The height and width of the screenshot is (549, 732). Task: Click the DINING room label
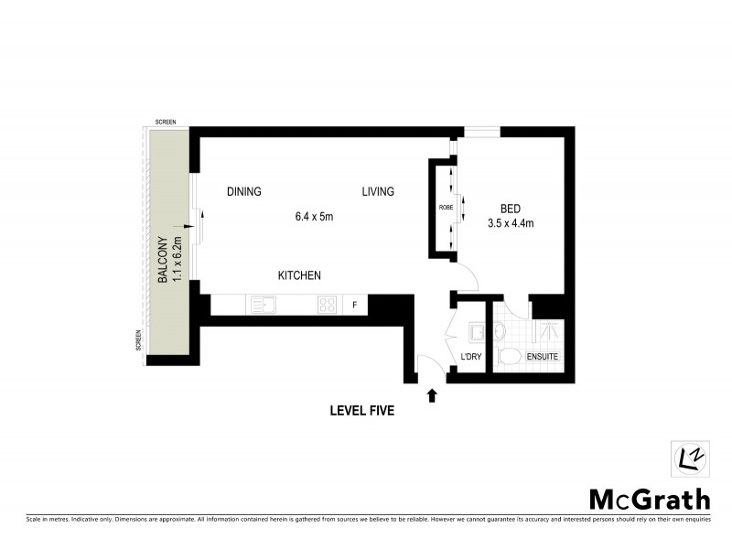pos(244,192)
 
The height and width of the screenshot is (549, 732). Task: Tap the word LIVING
pos(377,192)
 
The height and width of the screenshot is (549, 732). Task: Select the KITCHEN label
pos(299,275)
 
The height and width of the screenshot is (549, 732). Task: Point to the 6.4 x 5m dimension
pos(314,217)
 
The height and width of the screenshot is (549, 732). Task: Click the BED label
pos(511,207)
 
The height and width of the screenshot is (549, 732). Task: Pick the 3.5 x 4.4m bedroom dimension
pos(511,222)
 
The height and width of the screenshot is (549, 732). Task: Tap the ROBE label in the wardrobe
pos(446,208)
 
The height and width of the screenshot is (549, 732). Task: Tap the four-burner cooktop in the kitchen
pos(328,305)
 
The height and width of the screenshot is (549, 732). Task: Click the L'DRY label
pos(471,356)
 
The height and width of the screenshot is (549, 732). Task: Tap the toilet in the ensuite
pos(509,355)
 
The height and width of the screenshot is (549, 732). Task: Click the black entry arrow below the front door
pos(432,395)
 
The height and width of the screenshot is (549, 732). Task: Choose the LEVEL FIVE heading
pos(361,412)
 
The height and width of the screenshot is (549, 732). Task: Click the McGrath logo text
pos(649,499)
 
